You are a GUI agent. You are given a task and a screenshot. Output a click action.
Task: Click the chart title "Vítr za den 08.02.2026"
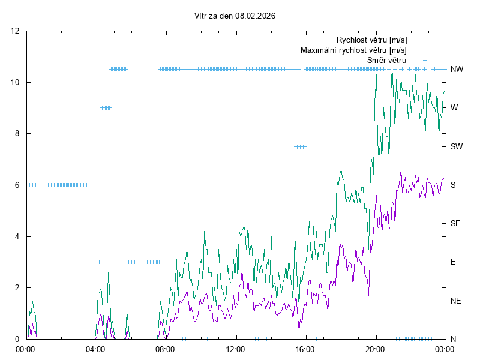[x=235, y=16]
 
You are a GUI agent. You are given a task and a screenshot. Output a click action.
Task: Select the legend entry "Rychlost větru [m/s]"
[x=372, y=40]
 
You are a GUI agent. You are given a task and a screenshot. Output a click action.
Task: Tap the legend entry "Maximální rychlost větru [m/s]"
[x=353, y=50]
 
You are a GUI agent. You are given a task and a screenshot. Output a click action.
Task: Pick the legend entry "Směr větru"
[x=386, y=60]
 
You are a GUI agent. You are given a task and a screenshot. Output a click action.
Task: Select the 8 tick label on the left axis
[x=17, y=134]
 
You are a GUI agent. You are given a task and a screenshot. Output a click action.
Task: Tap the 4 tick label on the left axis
[x=17, y=236]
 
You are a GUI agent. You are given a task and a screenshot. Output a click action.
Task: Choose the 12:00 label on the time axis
[x=235, y=349]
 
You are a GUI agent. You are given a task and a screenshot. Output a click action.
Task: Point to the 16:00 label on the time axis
[x=305, y=349]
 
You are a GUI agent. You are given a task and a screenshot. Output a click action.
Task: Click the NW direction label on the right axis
[x=457, y=70]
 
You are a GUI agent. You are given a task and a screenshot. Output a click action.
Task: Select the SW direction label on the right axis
[x=457, y=146]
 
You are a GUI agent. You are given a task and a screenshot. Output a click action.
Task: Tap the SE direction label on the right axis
[x=455, y=223]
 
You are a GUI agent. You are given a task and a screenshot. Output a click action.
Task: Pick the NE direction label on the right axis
[x=455, y=301]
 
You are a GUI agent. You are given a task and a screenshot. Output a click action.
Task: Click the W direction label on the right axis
[x=454, y=108]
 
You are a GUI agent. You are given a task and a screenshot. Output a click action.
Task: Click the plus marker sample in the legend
[x=424, y=60]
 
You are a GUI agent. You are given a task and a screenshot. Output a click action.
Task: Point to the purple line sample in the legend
[x=424, y=40]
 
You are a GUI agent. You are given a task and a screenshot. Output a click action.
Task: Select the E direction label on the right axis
[x=453, y=262]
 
